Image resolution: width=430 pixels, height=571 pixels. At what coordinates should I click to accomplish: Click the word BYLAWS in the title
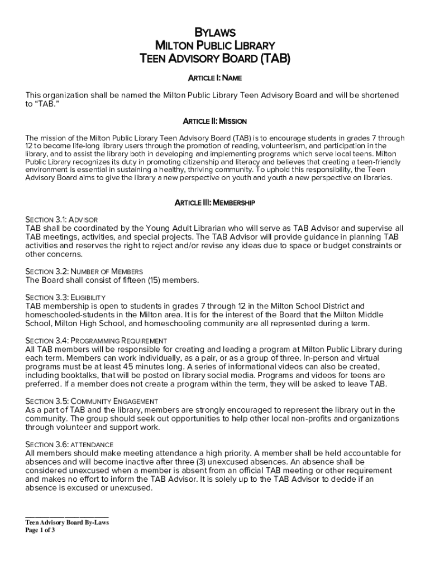coord(214,33)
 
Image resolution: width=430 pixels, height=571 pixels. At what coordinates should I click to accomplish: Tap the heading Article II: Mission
coord(214,121)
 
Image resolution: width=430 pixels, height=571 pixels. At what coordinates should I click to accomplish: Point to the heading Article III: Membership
coord(214,203)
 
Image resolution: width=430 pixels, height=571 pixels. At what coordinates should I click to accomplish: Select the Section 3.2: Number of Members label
coord(84,272)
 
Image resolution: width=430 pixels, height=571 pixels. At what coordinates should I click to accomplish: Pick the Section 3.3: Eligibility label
coord(65,298)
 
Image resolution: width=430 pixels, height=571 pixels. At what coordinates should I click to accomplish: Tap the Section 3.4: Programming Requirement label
coord(96,341)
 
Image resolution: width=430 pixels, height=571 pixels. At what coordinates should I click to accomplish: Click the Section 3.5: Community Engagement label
coord(92,401)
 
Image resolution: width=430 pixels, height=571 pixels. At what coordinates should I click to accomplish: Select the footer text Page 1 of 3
coord(40,530)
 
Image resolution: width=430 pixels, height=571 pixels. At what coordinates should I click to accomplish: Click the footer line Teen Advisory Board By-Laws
coord(67,522)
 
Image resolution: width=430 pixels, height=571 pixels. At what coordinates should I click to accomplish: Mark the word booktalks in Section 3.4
coord(76,376)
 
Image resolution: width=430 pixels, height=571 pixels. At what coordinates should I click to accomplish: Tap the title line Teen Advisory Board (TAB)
coord(214,57)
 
